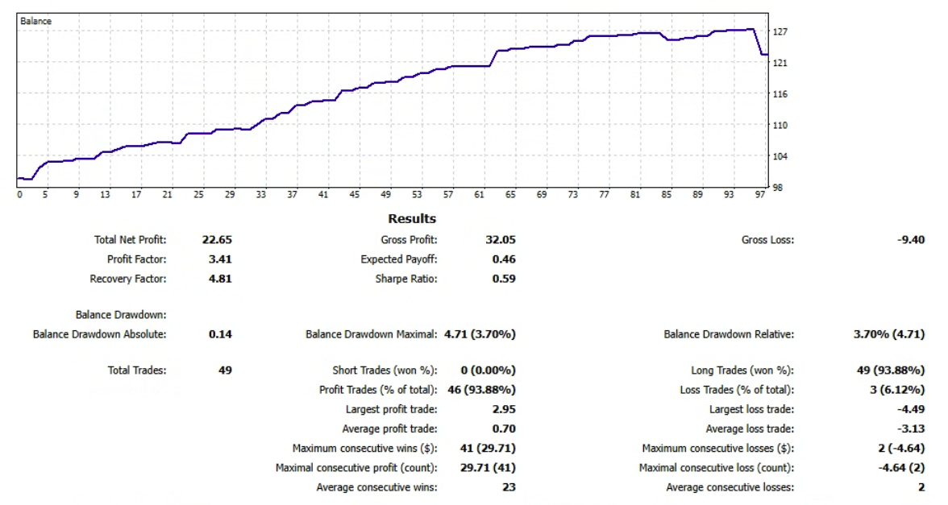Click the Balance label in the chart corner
point(35,21)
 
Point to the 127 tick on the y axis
point(780,32)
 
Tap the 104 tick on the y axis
point(780,156)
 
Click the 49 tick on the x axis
point(386,194)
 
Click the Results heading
point(412,218)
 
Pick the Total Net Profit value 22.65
point(216,240)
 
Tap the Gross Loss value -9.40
point(910,240)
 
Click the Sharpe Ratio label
point(406,279)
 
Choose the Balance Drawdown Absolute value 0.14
point(220,334)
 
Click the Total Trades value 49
point(225,370)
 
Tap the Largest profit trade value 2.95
point(504,409)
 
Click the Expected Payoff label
point(399,259)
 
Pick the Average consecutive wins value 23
point(509,486)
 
